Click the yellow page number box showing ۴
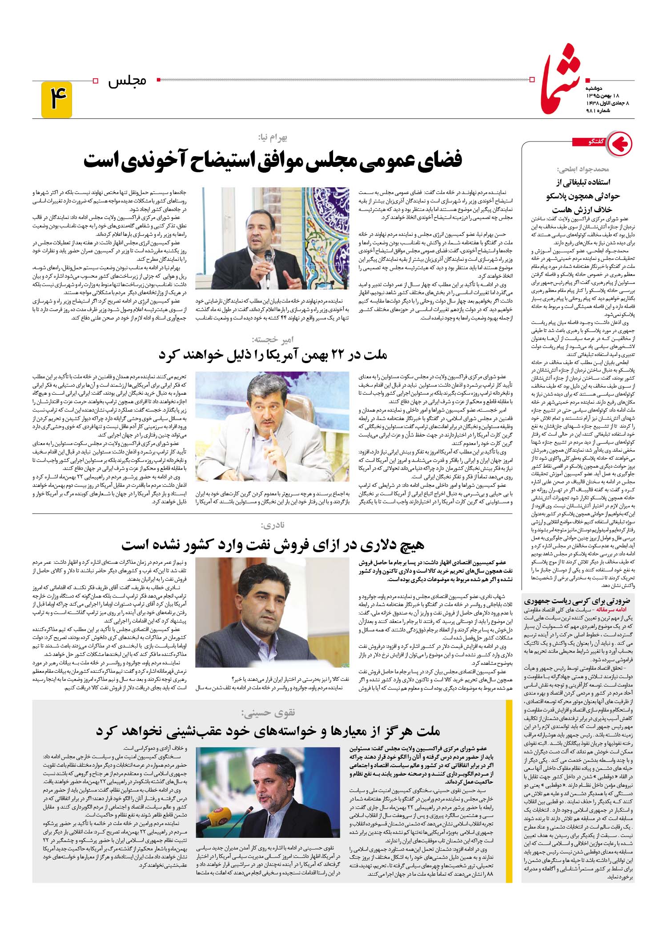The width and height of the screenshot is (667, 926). [56, 100]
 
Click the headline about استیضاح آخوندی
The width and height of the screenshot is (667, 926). [273, 160]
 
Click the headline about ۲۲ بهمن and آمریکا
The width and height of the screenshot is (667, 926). [273, 355]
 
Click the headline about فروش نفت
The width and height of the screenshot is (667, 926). [273, 544]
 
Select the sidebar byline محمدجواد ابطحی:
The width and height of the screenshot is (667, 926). [583, 170]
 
